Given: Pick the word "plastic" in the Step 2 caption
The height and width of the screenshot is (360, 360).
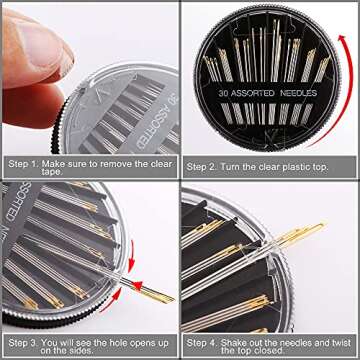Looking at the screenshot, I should click(296, 163).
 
